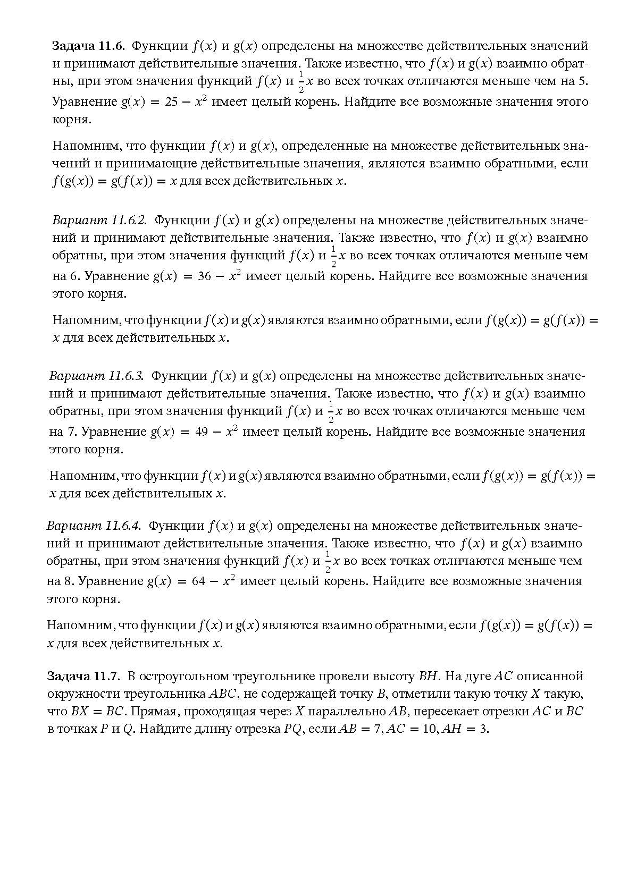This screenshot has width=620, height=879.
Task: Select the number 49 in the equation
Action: click(x=202, y=432)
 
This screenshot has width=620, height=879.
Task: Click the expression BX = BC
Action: click(x=99, y=712)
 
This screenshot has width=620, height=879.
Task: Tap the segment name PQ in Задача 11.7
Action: click(x=292, y=729)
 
